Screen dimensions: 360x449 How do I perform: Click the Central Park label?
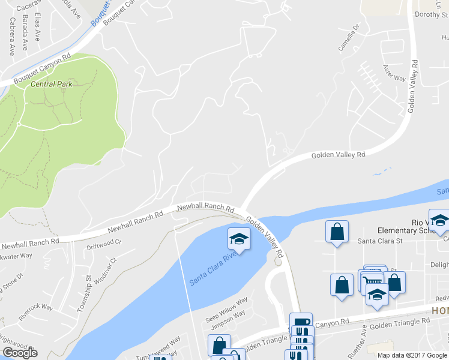point(52,84)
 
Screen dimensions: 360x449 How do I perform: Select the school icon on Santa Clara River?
point(239,239)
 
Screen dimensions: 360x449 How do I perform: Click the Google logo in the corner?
point(20,353)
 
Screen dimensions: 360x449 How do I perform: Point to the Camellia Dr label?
point(349,38)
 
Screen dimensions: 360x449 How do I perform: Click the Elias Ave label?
point(38,26)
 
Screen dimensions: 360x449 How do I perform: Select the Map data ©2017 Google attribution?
point(412,355)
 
